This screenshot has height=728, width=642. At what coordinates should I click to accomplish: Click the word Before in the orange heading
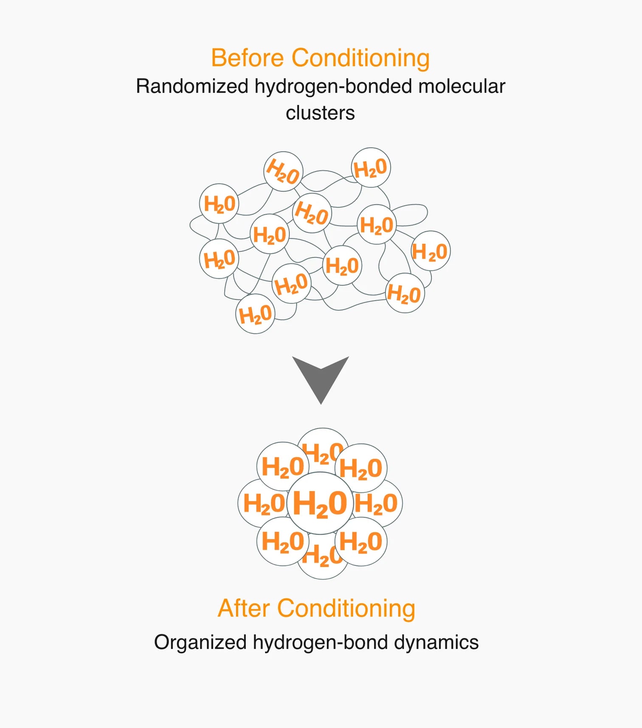(x=248, y=58)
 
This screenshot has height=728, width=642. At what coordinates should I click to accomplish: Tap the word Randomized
(x=192, y=86)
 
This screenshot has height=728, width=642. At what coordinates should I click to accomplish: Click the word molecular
(x=462, y=86)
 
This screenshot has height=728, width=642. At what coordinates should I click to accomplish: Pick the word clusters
(x=320, y=113)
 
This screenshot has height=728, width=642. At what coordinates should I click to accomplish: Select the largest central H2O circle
(x=320, y=503)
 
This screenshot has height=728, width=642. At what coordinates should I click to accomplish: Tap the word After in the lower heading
(x=244, y=608)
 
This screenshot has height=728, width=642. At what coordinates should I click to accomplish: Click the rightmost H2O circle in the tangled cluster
(x=431, y=251)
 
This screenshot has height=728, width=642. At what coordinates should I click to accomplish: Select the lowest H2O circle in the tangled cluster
(x=255, y=314)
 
